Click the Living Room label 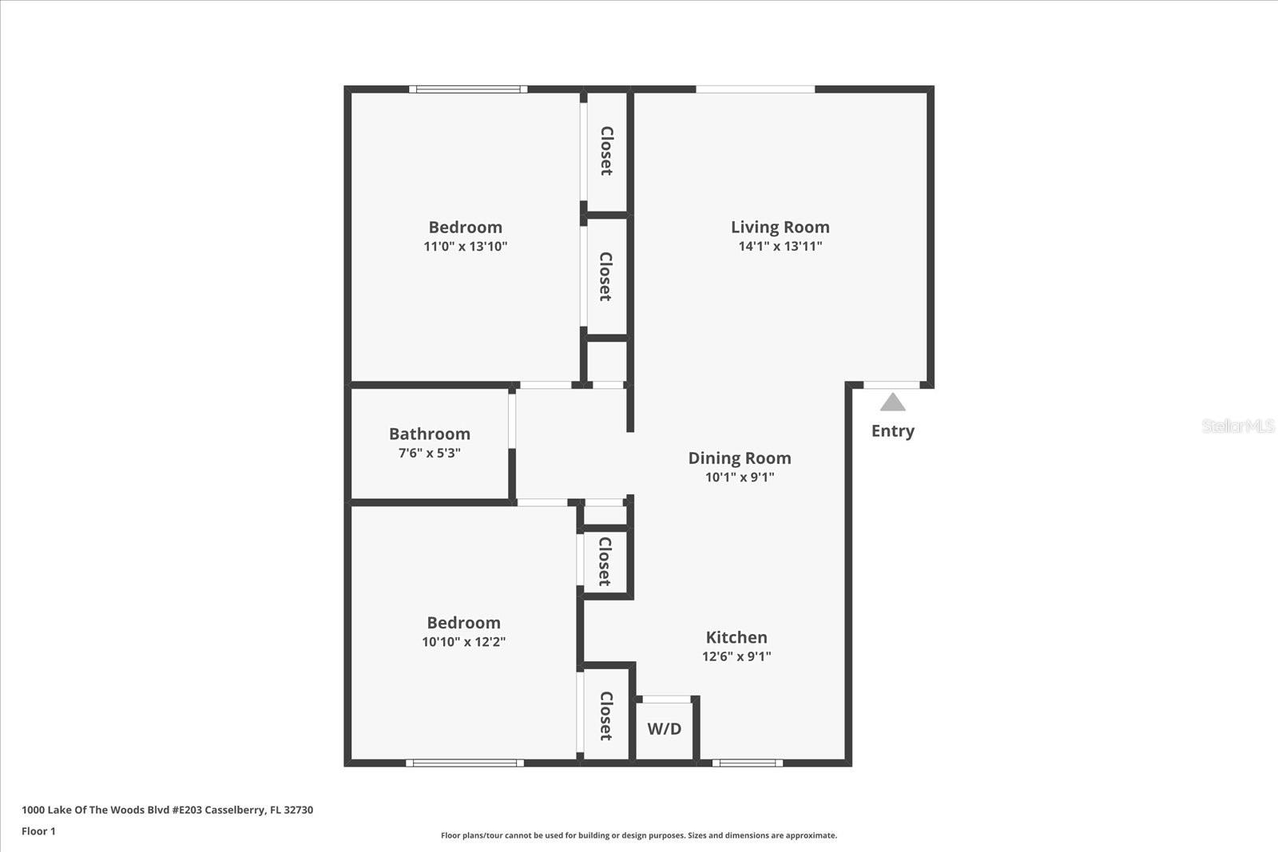pyautogui.click(x=780, y=227)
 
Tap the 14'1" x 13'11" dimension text pyautogui.click(x=780, y=246)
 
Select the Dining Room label pyautogui.click(x=740, y=458)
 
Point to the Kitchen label pyautogui.click(x=736, y=637)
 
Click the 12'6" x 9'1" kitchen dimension pyautogui.click(x=736, y=656)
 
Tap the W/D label pyautogui.click(x=664, y=729)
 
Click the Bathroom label pyautogui.click(x=430, y=434)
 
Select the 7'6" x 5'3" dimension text pyautogui.click(x=430, y=453)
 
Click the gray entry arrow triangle pyautogui.click(x=892, y=402)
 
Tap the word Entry pyautogui.click(x=892, y=431)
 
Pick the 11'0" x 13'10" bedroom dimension pyautogui.click(x=465, y=246)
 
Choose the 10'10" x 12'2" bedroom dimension pyautogui.click(x=463, y=642)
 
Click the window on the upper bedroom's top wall pyautogui.click(x=468, y=89)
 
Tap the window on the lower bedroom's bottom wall pyautogui.click(x=465, y=763)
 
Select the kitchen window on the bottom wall pyautogui.click(x=748, y=763)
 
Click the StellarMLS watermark pyautogui.click(x=1238, y=426)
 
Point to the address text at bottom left pyautogui.click(x=167, y=810)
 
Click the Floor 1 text pyautogui.click(x=38, y=831)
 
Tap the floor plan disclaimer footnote pyautogui.click(x=639, y=835)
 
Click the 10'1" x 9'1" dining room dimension pyautogui.click(x=740, y=478)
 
